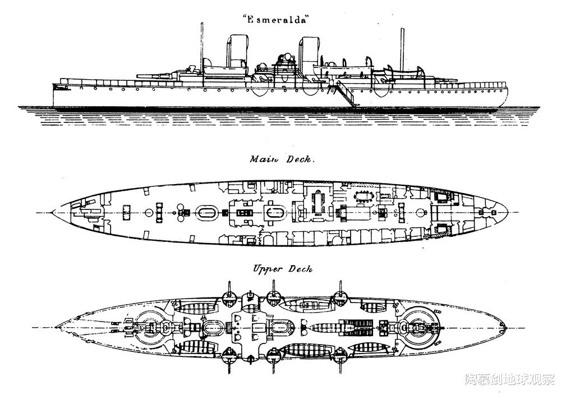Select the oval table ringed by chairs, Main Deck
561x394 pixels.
click(364, 196)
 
